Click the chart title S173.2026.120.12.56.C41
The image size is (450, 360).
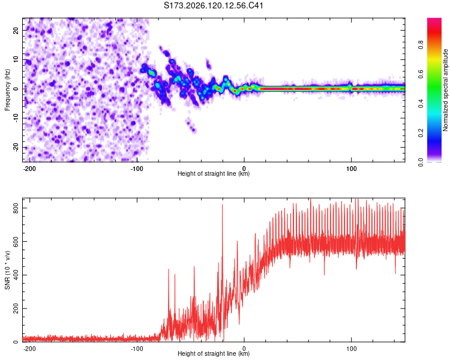(x=213, y=5)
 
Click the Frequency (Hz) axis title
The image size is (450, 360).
(x=7, y=90)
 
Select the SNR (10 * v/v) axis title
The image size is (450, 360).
(x=7, y=270)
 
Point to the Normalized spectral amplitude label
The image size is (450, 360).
(x=445, y=90)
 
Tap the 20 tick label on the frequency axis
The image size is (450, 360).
(x=16, y=31)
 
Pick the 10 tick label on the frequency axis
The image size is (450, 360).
(x=16, y=59)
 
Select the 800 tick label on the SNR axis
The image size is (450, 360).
(x=16, y=208)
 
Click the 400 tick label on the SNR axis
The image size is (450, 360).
(x=16, y=275)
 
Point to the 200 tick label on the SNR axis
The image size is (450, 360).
(x=16, y=308)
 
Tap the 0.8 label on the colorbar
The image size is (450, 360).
(x=421, y=45)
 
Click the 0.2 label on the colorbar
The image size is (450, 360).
(x=421, y=133)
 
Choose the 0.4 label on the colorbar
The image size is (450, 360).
(x=421, y=104)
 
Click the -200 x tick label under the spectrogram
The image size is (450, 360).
(x=29, y=169)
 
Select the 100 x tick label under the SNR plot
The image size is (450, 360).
(x=351, y=349)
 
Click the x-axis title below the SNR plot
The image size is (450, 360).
(x=214, y=353)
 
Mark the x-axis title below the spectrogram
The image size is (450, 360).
(x=214, y=173)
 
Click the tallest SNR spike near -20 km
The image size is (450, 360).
(x=222, y=205)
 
